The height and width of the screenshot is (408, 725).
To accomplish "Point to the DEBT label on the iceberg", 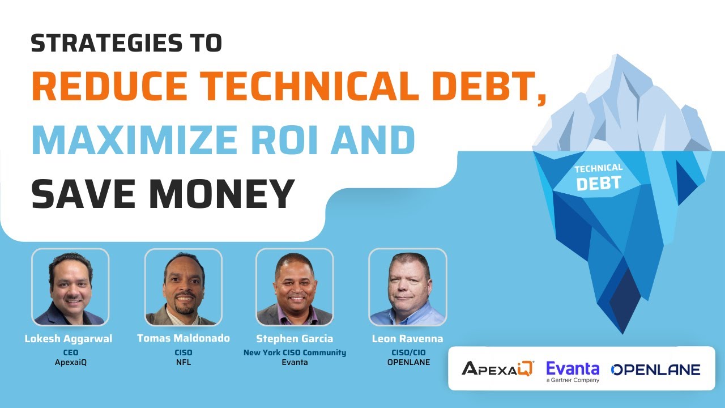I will [x=599, y=183].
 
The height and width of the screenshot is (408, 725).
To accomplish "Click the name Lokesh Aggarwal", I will [x=69, y=339].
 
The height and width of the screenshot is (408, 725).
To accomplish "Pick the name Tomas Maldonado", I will [x=184, y=338].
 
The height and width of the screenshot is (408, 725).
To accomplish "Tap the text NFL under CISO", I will [x=184, y=362].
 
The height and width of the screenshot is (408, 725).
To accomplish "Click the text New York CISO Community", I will [x=295, y=352].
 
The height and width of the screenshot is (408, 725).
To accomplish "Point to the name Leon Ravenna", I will [x=407, y=339].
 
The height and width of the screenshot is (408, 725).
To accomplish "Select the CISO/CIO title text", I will [x=407, y=352].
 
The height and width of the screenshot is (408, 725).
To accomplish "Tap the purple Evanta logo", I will [x=573, y=369].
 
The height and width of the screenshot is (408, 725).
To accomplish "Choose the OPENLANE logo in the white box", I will [x=655, y=370].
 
